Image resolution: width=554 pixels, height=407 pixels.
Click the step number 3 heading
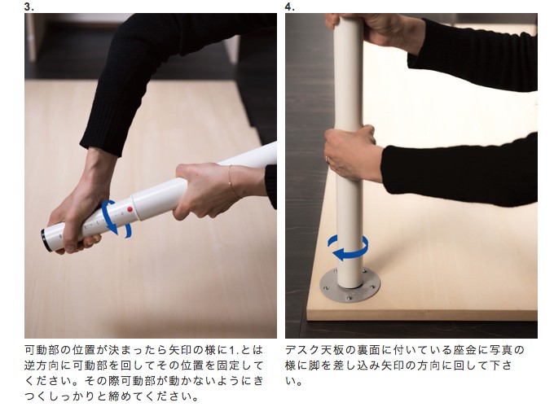pos(29,7)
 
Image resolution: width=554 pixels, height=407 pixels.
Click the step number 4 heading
pos(290,7)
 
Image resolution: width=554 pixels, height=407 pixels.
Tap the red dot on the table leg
pos(130,209)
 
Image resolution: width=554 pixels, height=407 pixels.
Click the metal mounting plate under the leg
pos(350,286)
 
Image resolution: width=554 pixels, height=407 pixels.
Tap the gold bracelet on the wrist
pos(232,182)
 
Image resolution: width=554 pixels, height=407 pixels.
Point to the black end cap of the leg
pos(46,240)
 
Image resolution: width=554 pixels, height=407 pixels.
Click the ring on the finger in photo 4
pos(327,159)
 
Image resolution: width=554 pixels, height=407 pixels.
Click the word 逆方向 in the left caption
pos(42,365)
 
